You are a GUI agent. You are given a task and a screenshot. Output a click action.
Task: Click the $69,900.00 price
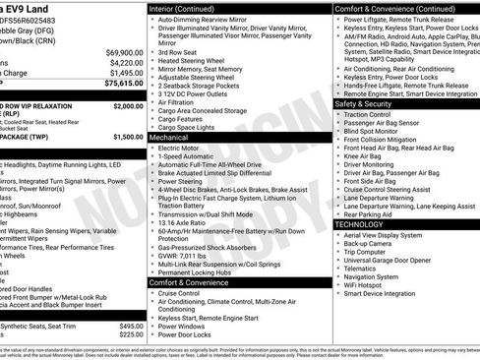point(124,52)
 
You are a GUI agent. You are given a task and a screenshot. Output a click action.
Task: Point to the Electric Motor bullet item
point(184,150)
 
